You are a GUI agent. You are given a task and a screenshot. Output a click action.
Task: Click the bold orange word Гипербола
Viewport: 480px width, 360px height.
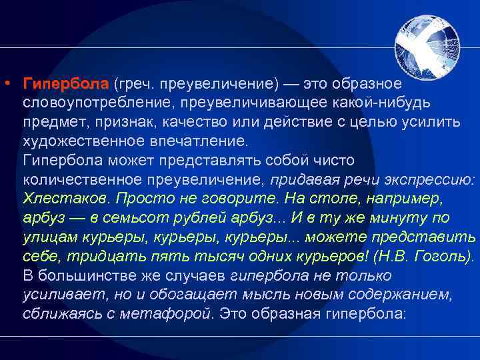[65, 84]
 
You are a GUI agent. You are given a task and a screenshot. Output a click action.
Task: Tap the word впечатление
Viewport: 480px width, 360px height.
[201, 142]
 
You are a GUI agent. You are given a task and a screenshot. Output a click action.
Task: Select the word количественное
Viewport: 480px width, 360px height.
[87, 180]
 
